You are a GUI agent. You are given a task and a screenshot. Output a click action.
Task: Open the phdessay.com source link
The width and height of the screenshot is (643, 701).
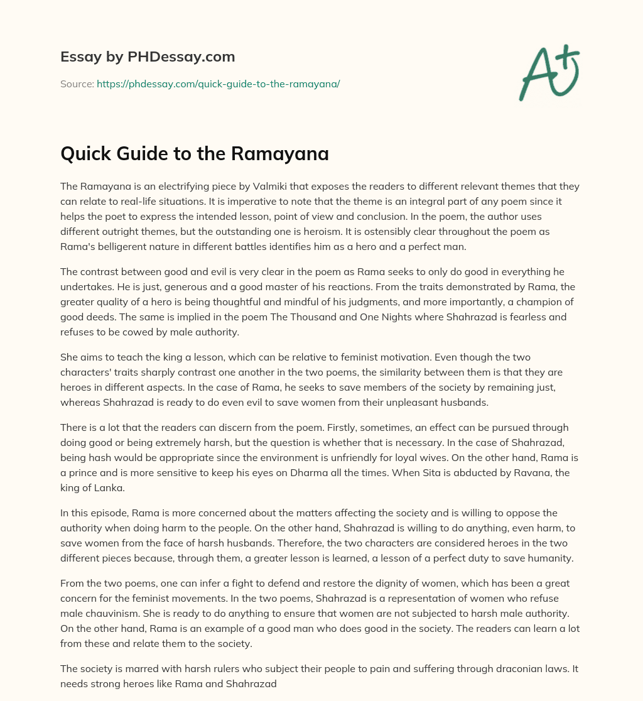click(218, 84)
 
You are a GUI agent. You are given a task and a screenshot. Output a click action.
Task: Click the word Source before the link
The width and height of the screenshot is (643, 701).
click(75, 84)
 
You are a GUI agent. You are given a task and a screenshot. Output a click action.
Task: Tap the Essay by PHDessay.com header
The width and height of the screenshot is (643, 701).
click(148, 57)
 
